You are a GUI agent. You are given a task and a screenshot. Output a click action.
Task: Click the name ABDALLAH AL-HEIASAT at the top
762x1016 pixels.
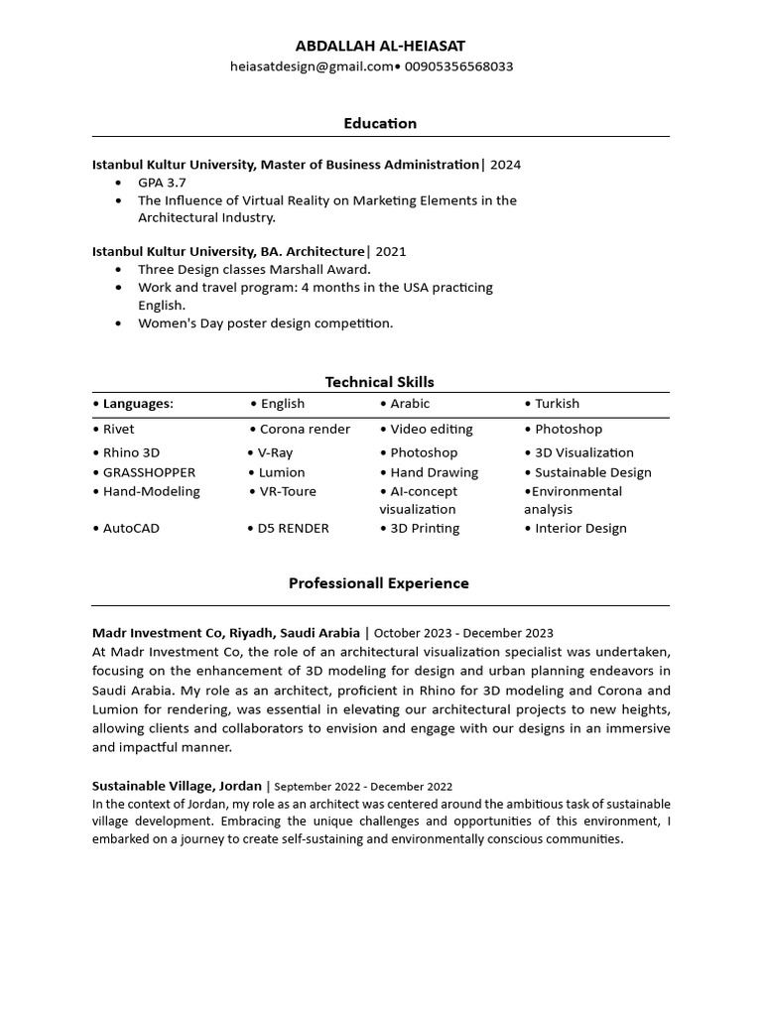point(380,46)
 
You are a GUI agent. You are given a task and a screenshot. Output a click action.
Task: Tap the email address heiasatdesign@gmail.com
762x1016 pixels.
point(312,66)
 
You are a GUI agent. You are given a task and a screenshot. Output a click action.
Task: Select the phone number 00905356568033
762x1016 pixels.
point(457,66)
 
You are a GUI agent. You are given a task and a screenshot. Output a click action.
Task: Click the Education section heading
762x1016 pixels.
point(380,123)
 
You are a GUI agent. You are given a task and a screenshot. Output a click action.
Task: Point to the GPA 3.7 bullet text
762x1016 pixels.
point(162,183)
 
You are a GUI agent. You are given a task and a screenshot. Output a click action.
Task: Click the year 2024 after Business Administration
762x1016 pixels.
point(505,165)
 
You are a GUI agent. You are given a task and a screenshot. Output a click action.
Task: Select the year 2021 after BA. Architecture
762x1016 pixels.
point(391,252)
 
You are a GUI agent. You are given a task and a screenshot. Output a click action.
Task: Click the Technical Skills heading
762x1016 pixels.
point(380,382)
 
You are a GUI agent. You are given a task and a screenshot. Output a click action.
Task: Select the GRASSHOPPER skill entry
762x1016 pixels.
point(149,472)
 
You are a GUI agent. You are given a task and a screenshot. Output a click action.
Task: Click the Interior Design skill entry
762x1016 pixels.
point(580,529)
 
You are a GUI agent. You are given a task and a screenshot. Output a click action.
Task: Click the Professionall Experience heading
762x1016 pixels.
point(379,583)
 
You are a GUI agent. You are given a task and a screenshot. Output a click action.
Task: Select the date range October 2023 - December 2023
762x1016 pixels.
point(463,633)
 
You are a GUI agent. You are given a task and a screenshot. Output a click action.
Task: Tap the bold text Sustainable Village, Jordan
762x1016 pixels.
point(177,786)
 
